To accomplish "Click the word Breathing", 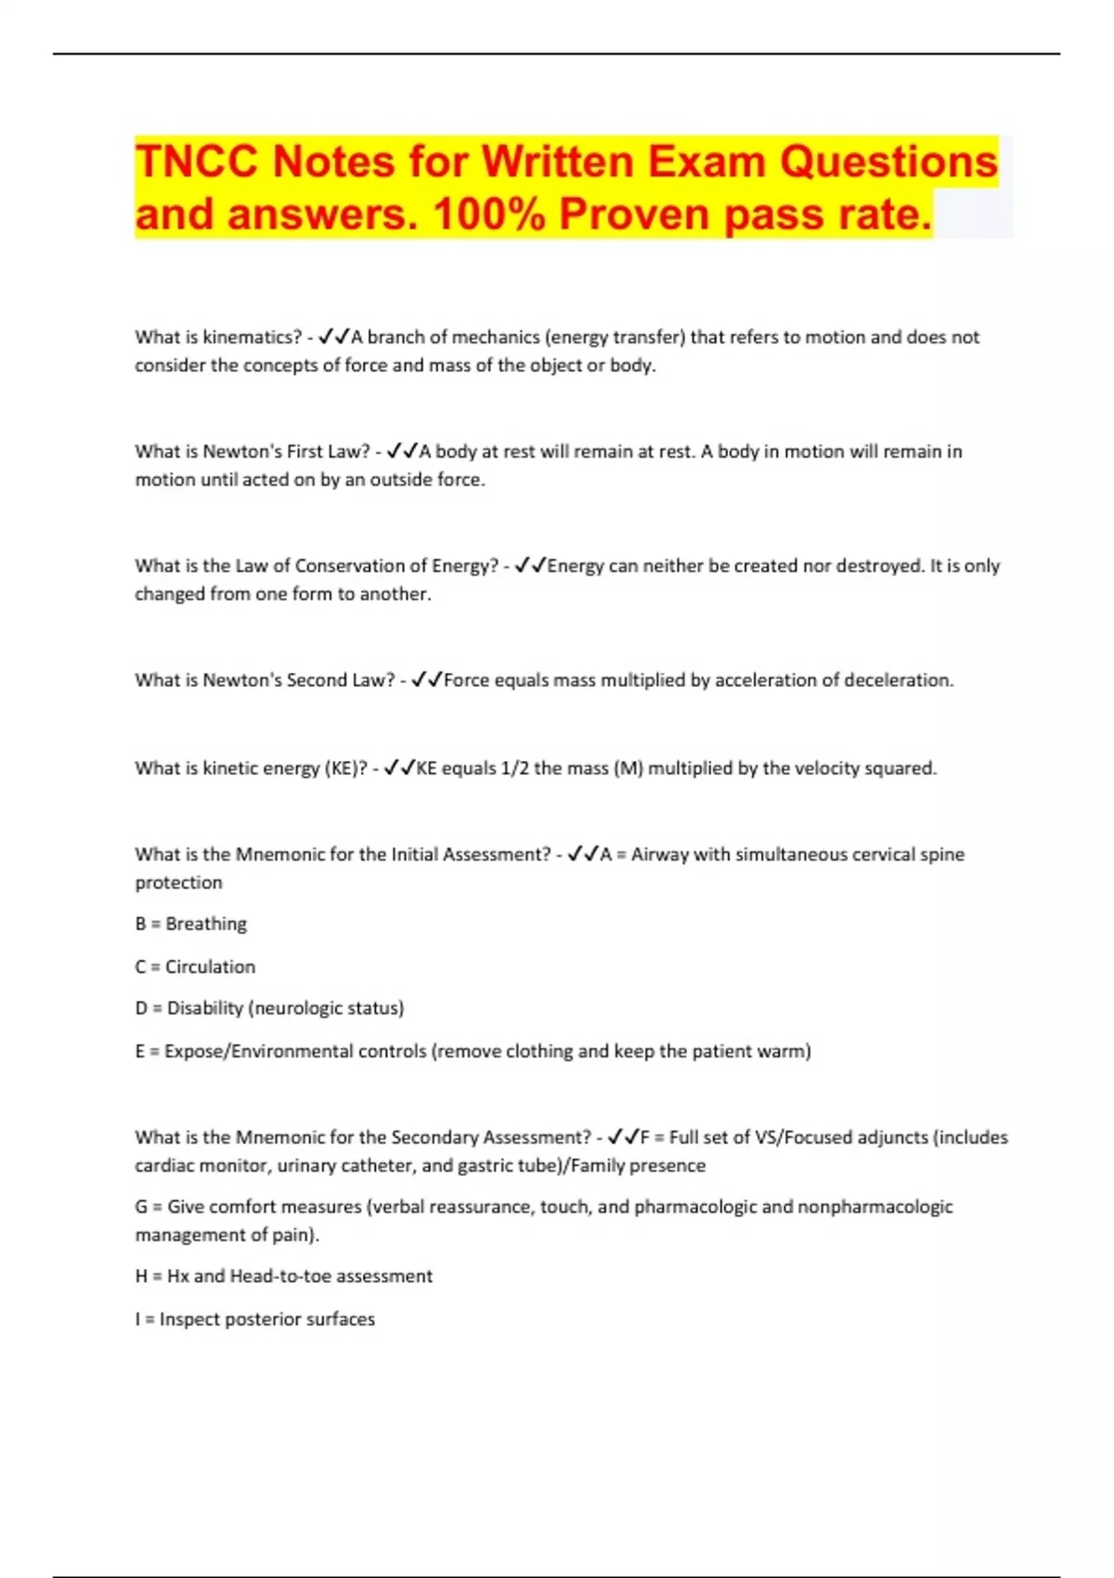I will pos(206,924).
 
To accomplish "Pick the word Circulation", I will pos(210,966).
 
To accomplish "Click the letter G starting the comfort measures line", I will pos(141,1207).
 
